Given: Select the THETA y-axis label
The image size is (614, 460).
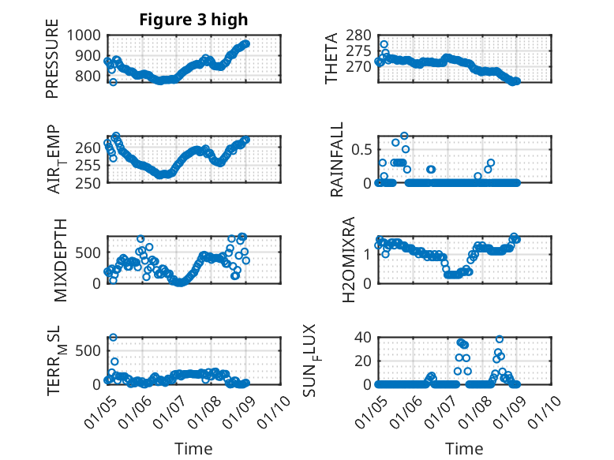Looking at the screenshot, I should [331, 58].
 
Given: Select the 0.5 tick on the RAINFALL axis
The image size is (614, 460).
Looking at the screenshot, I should [360, 148].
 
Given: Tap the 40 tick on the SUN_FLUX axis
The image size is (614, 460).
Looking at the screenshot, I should [362, 338].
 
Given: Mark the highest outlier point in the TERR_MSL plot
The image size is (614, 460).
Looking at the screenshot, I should [113, 337].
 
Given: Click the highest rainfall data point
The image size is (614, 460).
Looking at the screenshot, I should [404, 136].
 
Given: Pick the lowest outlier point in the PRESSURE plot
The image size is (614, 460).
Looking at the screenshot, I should [113, 82].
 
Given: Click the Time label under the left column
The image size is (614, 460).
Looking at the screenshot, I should [193, 448].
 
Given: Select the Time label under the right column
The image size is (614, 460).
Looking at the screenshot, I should [465, 448].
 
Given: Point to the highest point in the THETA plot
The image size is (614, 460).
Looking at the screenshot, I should [384, 44].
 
